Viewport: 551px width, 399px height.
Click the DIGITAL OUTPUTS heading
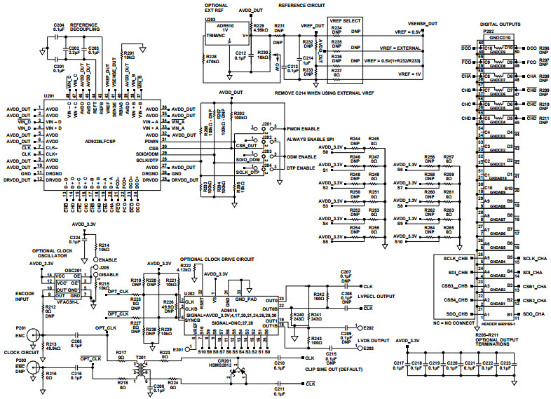pyautogui.click(x=499, y=24)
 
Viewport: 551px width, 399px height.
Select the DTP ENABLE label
pyautogui.click(x=299, y=168)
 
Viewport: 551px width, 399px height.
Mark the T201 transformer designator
pyautogui.click(x=147, y=356)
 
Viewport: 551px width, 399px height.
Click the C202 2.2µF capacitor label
pyautogui.click(x=72, y=48)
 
